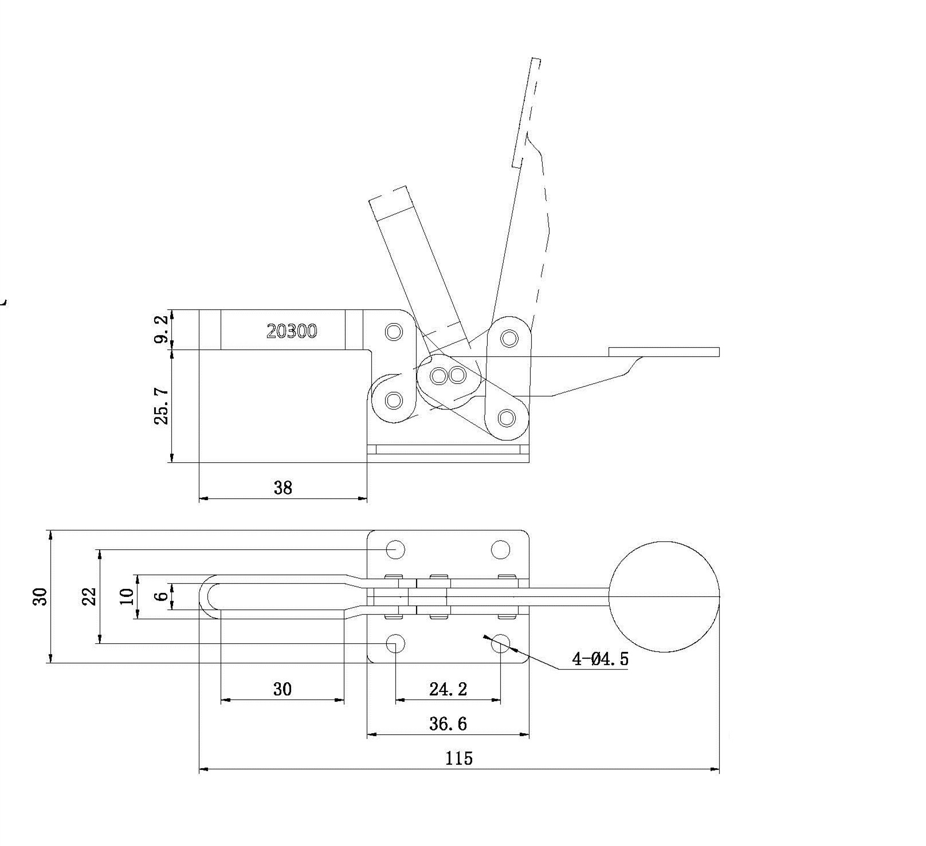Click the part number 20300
pos(292,331)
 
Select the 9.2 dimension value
pos(162,328)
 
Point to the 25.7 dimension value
pos(162,406)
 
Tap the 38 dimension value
pos(283,487)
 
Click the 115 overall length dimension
pos(459,758)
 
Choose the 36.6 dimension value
pos(448,724)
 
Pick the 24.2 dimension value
pos(448,689)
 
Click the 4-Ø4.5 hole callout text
pos(601,659)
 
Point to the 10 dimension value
pos(128,596)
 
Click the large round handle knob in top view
pos(664,596)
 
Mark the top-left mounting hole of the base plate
pos(395,550)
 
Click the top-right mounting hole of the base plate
pos(501,550)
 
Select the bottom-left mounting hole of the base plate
pos(395,643)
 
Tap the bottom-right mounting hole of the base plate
pos(501,643)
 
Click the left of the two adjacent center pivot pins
pos(439,376)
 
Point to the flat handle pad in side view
pos(664,352)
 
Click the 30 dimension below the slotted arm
pos(282,689)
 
